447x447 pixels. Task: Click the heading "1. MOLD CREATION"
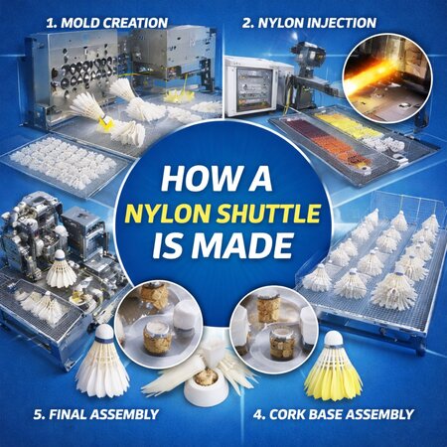[x=106, y=23]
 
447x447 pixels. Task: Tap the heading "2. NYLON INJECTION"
[x=309, y=23]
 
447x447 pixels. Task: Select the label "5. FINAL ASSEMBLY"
[x=96, y=414]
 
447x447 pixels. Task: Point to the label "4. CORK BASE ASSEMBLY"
[x=334, y=414]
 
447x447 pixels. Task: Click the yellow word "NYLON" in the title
[x=168, y=214]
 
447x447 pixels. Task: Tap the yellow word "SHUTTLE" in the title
[x=268, y=214]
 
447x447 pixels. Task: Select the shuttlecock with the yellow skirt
[x=334, y=365]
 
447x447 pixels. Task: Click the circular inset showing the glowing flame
[x=387, y=78]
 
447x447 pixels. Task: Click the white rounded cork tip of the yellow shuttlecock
[x=334, y=339]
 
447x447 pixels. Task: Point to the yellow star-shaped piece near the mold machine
[x=179, y=95]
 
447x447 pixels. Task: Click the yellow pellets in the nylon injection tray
[x=347, y=127]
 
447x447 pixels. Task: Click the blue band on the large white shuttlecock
[x=103, y=340]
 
